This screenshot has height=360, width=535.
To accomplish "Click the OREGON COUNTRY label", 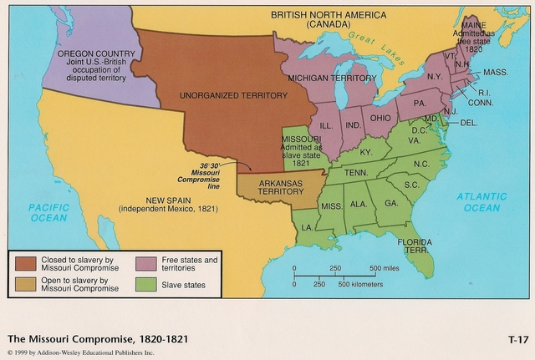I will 92,53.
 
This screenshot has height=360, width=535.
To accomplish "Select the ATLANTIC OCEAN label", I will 481,201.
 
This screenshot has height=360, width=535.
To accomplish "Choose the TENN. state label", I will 357,172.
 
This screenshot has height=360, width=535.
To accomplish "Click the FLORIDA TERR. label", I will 415,247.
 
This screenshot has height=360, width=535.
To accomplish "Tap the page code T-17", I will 517,339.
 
